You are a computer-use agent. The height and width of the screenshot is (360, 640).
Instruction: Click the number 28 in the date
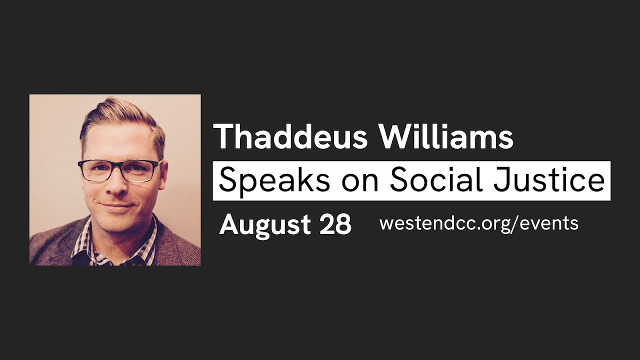(x=335, y=225)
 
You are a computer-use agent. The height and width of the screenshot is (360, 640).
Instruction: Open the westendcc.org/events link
(x=478, y=223)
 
